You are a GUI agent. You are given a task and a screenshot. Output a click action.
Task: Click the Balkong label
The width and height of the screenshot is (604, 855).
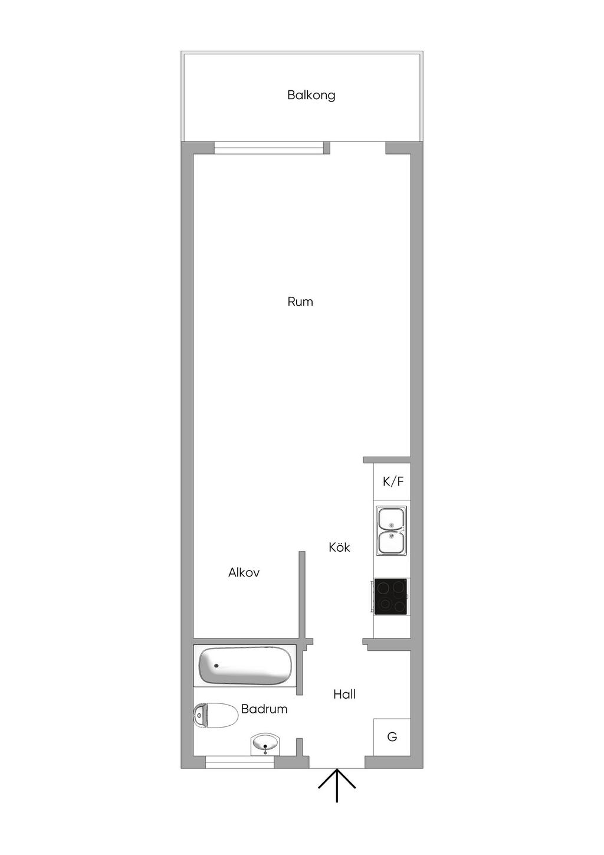pos(311,95)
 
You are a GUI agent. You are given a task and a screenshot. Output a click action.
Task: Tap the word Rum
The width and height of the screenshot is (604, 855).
pos(300,302)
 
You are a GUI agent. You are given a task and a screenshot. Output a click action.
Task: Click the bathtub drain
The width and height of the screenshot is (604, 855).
pos(216,666)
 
